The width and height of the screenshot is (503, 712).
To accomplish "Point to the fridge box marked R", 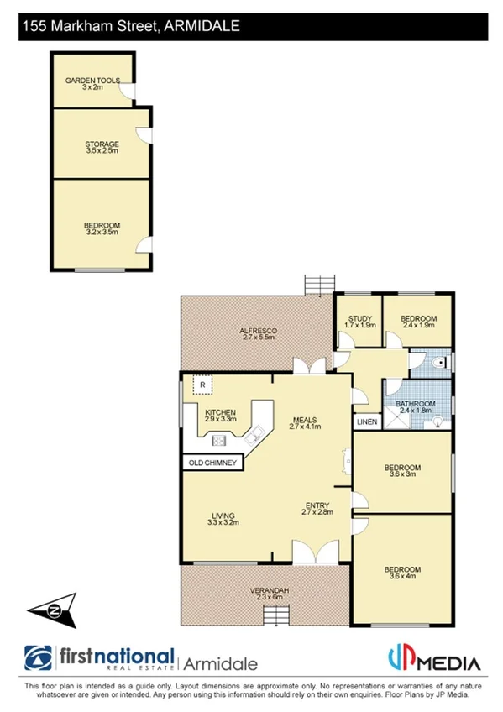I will pyautogui.click(x=202, y=385).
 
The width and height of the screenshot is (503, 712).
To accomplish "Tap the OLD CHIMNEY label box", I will pyautogui.click(x=213, y=462).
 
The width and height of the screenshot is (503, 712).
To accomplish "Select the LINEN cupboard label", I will pyautogui.click(x=366, y=421).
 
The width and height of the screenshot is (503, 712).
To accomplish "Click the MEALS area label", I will pyautogui.click(x=305, y=421).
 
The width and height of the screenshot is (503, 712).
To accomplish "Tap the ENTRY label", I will pyautogui.click(x=318, y=507).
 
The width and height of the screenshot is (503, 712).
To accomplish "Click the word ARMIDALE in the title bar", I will pyautogui.click(x=201, y=27).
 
